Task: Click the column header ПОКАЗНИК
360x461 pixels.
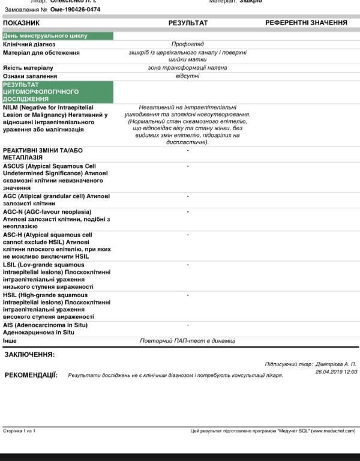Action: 21,23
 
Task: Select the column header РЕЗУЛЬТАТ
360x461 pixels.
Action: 188,23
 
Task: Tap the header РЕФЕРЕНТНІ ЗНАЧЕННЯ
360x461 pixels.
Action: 306,23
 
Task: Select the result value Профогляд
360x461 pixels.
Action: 187,44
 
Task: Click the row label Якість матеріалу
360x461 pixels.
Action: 28,68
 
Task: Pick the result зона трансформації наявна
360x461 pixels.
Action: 187,68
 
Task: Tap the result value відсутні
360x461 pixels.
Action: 187,76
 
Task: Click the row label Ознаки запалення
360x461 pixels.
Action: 30,76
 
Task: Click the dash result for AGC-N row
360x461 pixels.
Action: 188,212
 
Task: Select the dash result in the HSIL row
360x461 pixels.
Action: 188,295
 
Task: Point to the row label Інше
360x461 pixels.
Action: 10,340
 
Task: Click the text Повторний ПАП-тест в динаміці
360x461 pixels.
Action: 188,340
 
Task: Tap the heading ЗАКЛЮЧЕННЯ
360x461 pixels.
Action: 29,355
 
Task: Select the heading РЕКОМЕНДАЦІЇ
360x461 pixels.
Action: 31,375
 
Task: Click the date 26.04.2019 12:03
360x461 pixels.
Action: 336,372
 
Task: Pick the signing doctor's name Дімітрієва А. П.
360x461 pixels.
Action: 335,364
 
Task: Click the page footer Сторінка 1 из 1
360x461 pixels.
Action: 19,431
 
